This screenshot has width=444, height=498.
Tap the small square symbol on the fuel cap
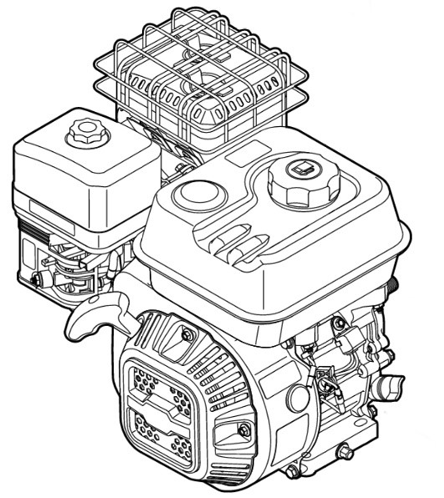pos(298,171)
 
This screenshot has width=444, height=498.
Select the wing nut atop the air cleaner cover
pos(85,130)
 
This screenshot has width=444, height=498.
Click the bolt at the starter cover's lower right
pos(245,430)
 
